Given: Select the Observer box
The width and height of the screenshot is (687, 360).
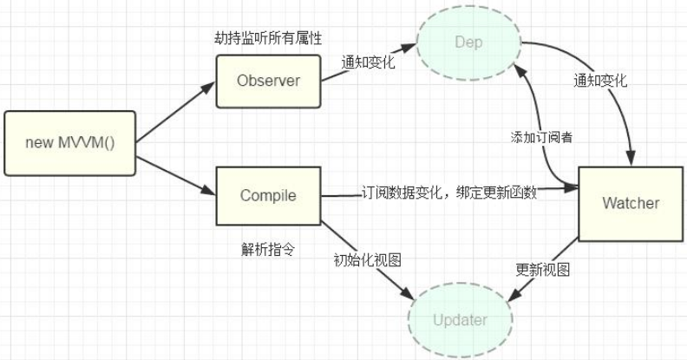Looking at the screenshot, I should [x=268, y=82].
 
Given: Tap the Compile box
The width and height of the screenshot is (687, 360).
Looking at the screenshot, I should [x=268, y=195].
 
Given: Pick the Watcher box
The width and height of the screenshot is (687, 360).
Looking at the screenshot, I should [x=631, y=204].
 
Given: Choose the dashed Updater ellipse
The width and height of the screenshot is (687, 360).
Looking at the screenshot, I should [x=459, y=320].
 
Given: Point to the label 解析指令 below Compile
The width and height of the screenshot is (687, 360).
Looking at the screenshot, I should [x=268, y=250].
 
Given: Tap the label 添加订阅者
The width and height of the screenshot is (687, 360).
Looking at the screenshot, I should [x=540, y=138].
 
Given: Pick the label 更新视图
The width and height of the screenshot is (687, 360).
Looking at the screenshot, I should [x=542, y=269].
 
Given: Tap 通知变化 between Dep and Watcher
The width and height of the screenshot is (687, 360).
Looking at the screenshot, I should [x=600, y=81].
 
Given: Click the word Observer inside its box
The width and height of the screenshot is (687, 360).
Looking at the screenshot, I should [x=268, y=82].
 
